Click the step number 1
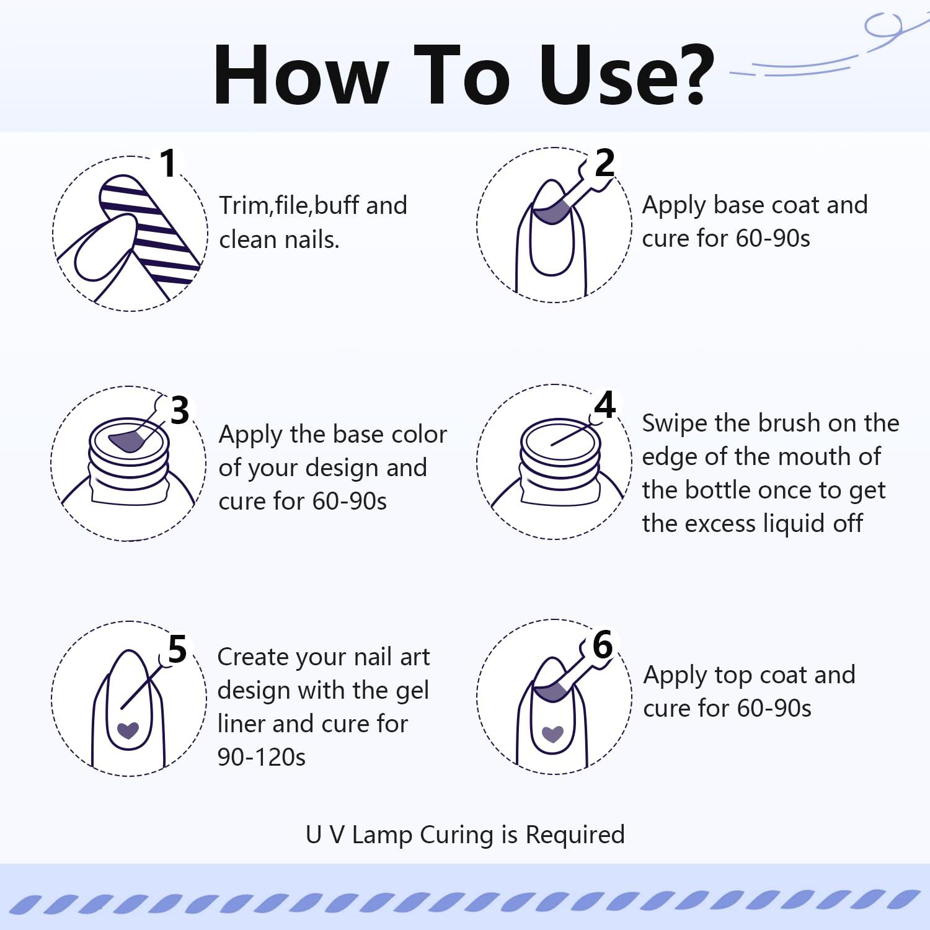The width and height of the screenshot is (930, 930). (169, 163)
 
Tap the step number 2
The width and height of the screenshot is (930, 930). (604, 162)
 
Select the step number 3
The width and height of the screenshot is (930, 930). (179, 410)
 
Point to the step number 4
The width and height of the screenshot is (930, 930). (605, 405)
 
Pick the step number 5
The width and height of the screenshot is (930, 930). (177, 649)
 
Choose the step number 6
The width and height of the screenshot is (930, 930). (603, 645)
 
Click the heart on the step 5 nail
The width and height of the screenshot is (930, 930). (128, 730)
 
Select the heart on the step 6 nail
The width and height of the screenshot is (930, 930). (552, 734)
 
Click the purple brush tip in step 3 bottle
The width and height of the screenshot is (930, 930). (126, 441)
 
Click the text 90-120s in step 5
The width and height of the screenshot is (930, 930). (262, 757)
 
